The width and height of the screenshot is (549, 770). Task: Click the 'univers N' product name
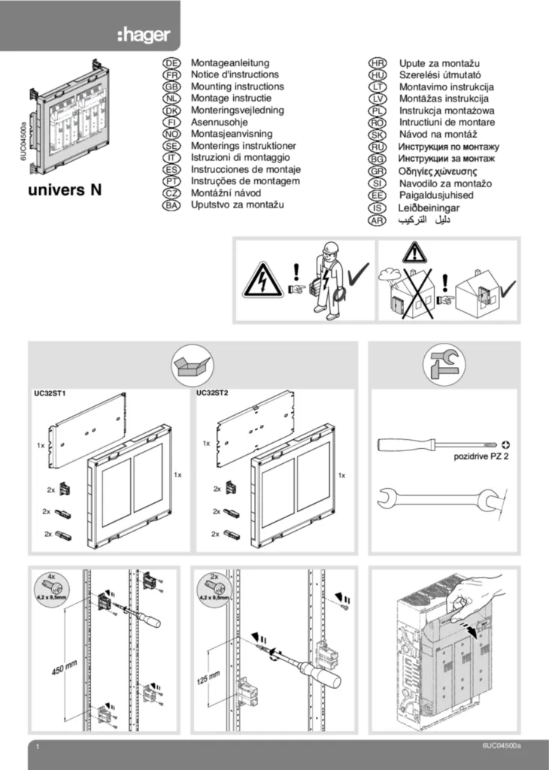pyautogui.click(x=72, y=191)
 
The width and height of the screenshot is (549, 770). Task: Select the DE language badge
pyautogui.click(x=171, y=65)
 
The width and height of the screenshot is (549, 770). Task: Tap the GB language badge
pyautogui.click(x=171, y=87)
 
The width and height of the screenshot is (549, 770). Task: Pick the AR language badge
pyautogui.click(x=378, y=220)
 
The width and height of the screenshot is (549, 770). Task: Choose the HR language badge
pyautogui.click(x=378, y=65)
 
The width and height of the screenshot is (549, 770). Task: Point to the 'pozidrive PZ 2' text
pyautogui.click(x=481, y=456)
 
